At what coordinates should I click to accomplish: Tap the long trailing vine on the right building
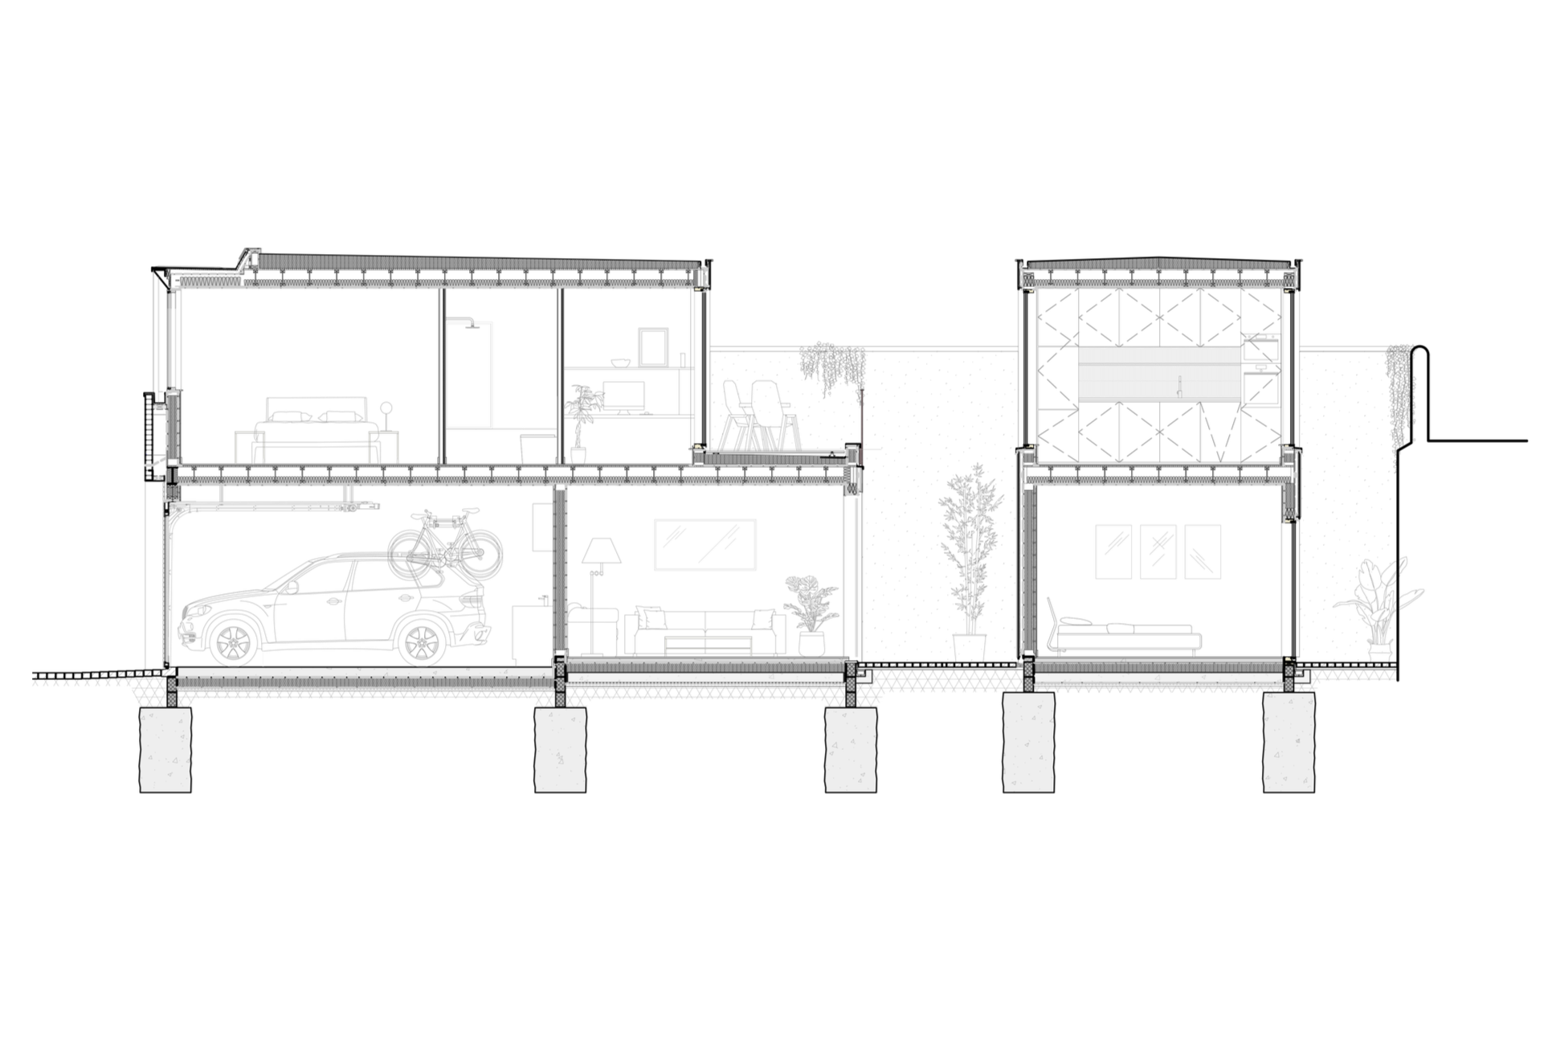[x=1401, y=402]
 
